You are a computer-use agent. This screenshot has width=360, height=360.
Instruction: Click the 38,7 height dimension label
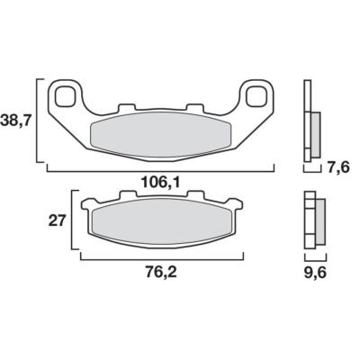pos(16,121)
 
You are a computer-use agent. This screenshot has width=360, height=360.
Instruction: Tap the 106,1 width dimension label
pos(160,182)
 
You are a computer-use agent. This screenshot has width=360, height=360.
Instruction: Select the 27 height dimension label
pos(57,221)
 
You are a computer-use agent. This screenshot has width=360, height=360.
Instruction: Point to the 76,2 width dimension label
pos(162,273)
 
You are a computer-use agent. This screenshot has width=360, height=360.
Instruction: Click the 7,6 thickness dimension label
pos(337,166)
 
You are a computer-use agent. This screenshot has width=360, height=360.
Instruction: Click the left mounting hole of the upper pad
pos(65,96)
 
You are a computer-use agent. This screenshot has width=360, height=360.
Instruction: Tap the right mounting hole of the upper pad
pos(256,96)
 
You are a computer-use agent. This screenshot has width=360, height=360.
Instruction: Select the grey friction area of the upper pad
pos(160,136)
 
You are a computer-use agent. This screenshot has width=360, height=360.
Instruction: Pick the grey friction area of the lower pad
pos(162,222)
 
